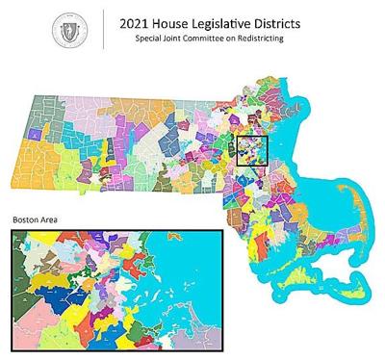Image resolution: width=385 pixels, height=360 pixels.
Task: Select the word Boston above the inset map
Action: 26,220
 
